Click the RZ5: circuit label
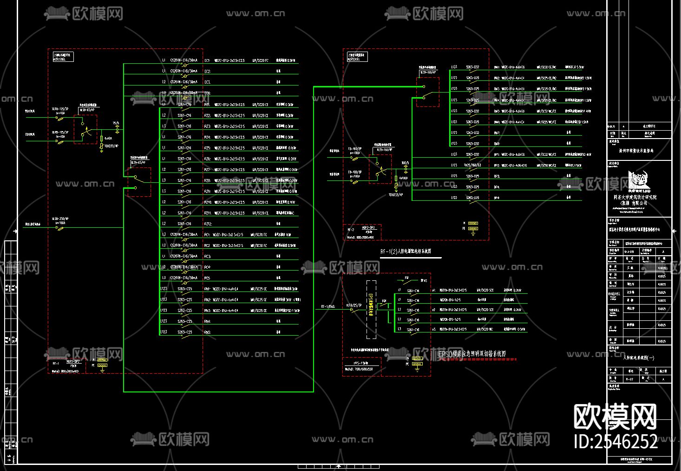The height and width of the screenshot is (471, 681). pyautogui.click(x=207, y=148)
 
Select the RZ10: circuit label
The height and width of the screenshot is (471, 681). pyautogui.click(x=208, y=202)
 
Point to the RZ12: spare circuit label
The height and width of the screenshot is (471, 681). pyautogui.click(x=208, y=224)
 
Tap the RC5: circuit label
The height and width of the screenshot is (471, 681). pyautogui.click(x=207, y=278)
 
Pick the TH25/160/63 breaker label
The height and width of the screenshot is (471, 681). pyautogui.click(x=473, y=165)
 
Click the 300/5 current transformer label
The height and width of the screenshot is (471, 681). pyautogui.click(x=406, y=163)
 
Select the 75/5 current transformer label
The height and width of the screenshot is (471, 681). pyautogui.click(x=116, y=123)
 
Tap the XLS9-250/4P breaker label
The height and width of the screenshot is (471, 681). pyautogui.click(x=60, y=219)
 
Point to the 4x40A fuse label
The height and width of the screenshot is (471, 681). pyautogui.click(x=108, y=138)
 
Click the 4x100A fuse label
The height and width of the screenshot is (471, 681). pyautogui.click(x=403, y=178)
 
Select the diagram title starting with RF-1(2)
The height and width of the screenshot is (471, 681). pyautogui.click(x=406, y=252)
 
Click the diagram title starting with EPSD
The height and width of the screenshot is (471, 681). pyautogui.click(x=471, y=354)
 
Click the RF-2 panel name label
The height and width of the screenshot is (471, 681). pyautogui.click(x=351, y=230)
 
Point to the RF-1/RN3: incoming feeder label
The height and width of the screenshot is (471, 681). pyautogui.click(x=328, y=307)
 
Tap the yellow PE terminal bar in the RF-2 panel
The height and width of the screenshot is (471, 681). pyautogui.click(x=473, y=229)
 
